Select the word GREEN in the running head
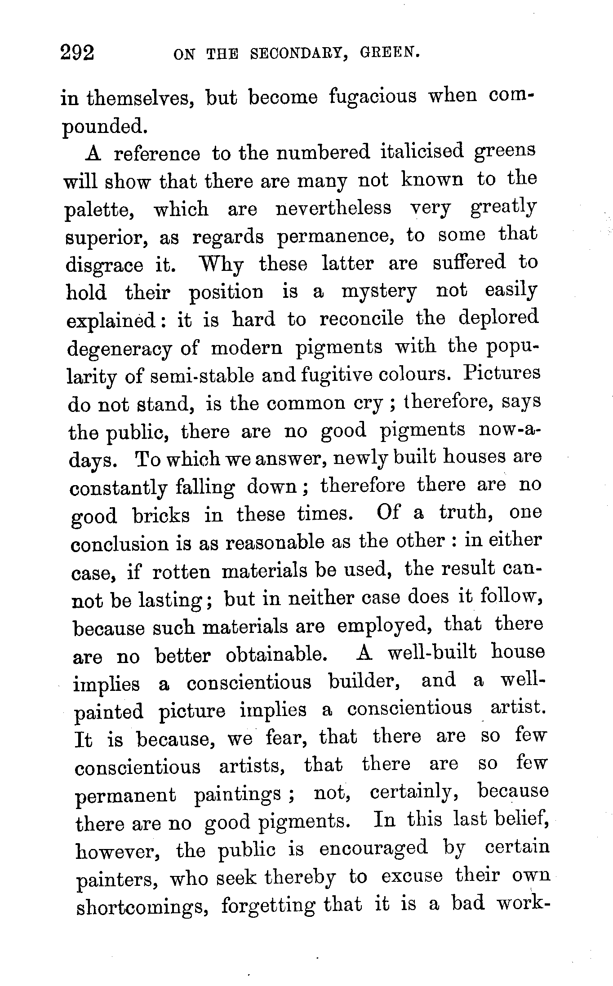click(390, 53)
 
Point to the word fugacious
click(373, 97)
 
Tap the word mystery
click(379, 292)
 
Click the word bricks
click(161, 515)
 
